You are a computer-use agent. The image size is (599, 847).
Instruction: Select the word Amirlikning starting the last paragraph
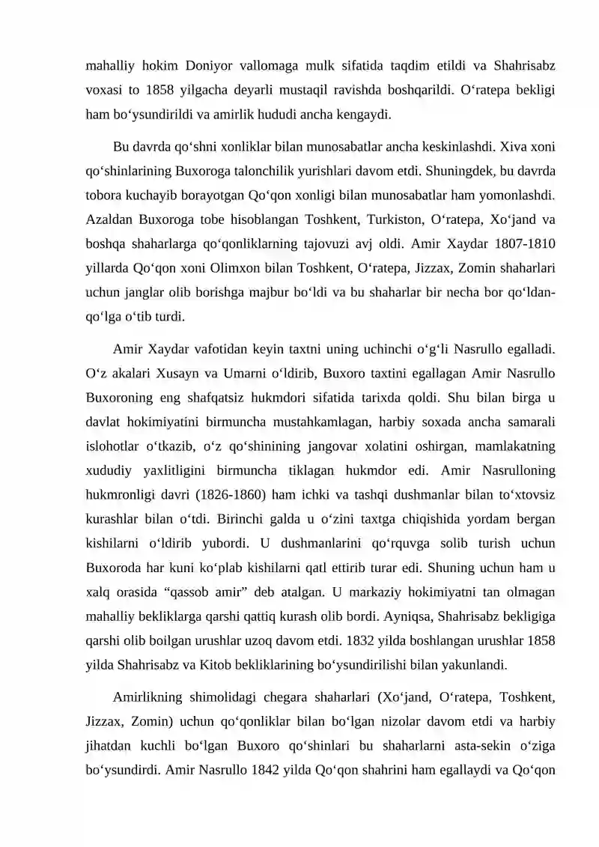[x=156, y=699]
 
